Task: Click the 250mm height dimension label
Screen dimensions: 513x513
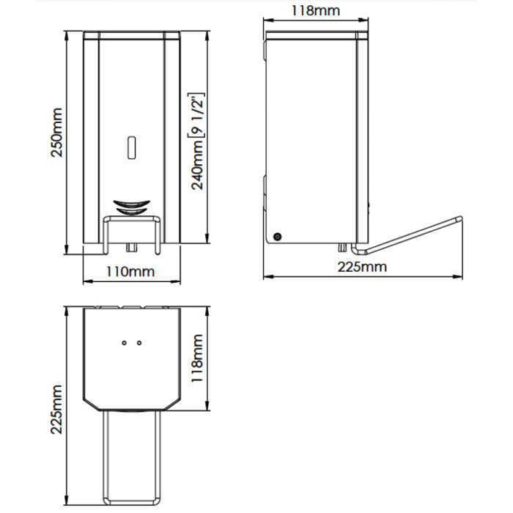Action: [56, 133]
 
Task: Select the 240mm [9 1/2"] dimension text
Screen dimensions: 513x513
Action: [197, 141]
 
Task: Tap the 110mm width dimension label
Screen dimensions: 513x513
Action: [130, 272]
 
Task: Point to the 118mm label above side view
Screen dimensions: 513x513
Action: [316, 10]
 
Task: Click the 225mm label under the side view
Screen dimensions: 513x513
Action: [362, 267]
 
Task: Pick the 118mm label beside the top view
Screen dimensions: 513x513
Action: [197, 358]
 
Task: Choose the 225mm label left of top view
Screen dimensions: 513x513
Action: [56, 410]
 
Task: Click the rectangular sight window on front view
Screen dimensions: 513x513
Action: [131, 147]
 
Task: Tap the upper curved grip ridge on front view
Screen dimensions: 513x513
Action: [131, 204]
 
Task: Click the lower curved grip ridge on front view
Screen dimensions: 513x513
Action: [131, 211]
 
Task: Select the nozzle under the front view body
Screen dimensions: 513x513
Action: [131, 248]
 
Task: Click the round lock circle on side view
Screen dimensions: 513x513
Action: [278, 236]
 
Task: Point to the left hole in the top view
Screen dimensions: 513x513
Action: [124, 343]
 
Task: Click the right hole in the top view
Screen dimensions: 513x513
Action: [139, 343]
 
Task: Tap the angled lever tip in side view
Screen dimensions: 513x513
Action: [460, 218]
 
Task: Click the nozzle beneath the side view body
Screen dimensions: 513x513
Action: [342, 248]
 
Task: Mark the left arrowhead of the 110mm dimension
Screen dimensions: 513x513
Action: [86, 281]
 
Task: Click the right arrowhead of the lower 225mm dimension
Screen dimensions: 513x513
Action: [458, 277]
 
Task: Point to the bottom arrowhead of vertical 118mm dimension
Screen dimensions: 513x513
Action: [207, 406]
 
